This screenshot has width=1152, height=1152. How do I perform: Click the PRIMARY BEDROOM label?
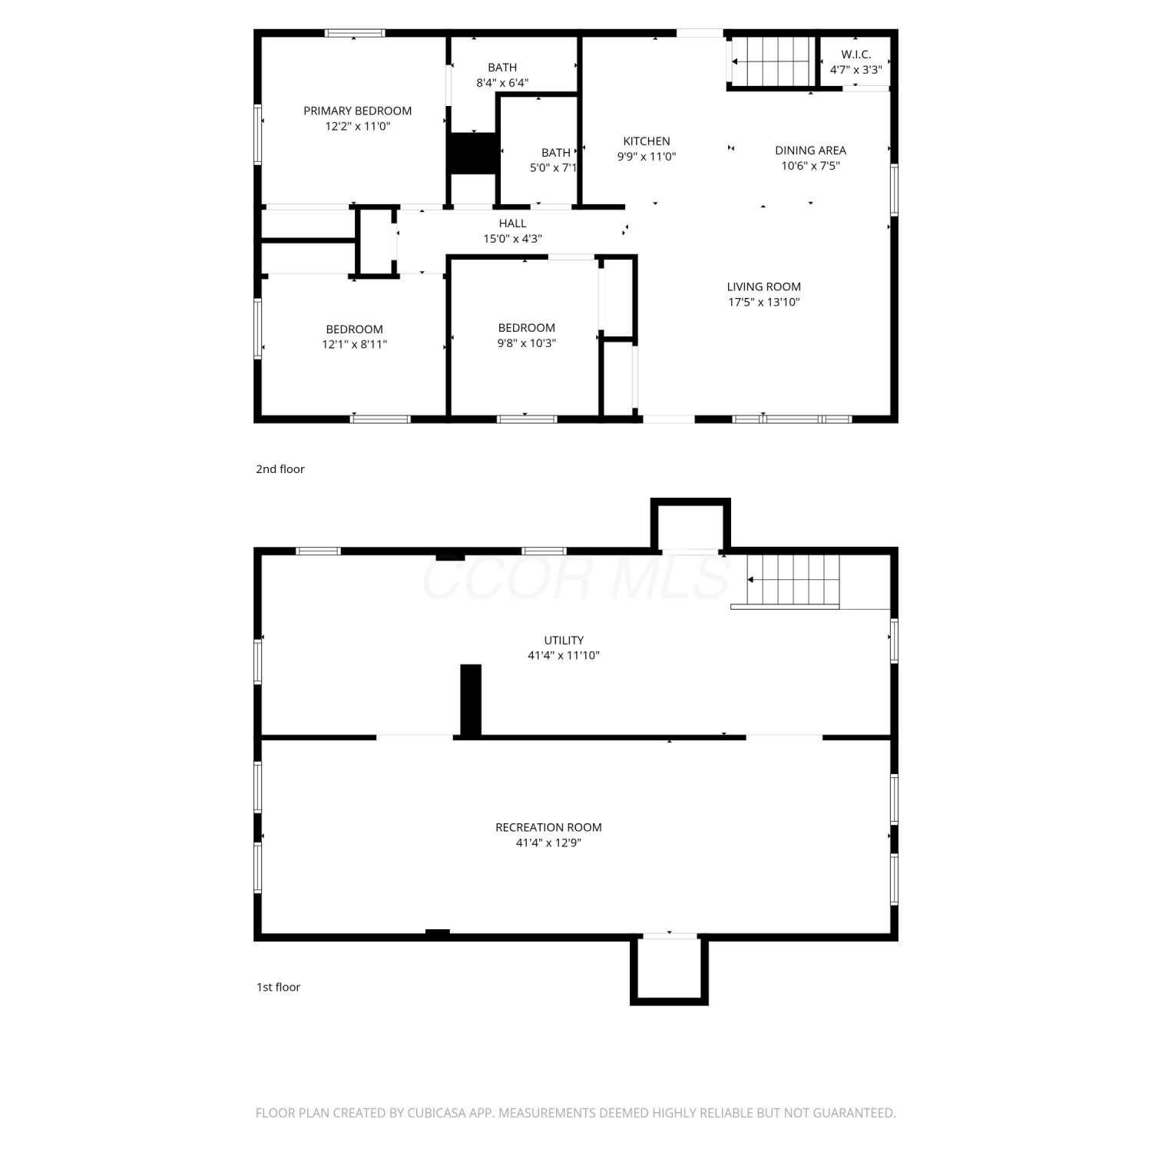(x=357, y=111)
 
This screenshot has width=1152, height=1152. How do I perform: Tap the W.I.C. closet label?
(x=856, y=55)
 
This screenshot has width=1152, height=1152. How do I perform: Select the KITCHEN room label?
(x=647, y=141)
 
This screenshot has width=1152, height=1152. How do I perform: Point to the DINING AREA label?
(x=810, y=151)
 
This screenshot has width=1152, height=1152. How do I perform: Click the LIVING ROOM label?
(x=763, y=287)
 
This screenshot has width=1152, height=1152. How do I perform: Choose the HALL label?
(x=512, y=223)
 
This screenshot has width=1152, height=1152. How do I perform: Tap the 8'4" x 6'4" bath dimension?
(x=502, y=83)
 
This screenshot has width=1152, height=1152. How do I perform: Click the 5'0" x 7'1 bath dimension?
(x=553, y=168)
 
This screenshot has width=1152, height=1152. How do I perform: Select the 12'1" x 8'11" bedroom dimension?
(x=354, y=345)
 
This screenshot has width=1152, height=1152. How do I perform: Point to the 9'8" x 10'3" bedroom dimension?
(x=526, y=343)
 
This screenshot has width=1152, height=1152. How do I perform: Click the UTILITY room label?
(x=564, y=641)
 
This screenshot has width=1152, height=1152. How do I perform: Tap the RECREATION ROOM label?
(x=548, y=828)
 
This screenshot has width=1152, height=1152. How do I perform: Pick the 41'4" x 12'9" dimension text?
(x=548, y=843)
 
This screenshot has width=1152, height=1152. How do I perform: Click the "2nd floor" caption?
(x=280, y=469)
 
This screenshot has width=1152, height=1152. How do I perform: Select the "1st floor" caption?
(x=278, y=988)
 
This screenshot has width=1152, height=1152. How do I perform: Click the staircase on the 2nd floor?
(x=772, y=61)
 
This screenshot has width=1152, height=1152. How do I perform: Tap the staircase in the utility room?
(x=794, y=580)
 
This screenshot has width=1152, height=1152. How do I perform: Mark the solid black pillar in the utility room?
(x=471, y=700)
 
